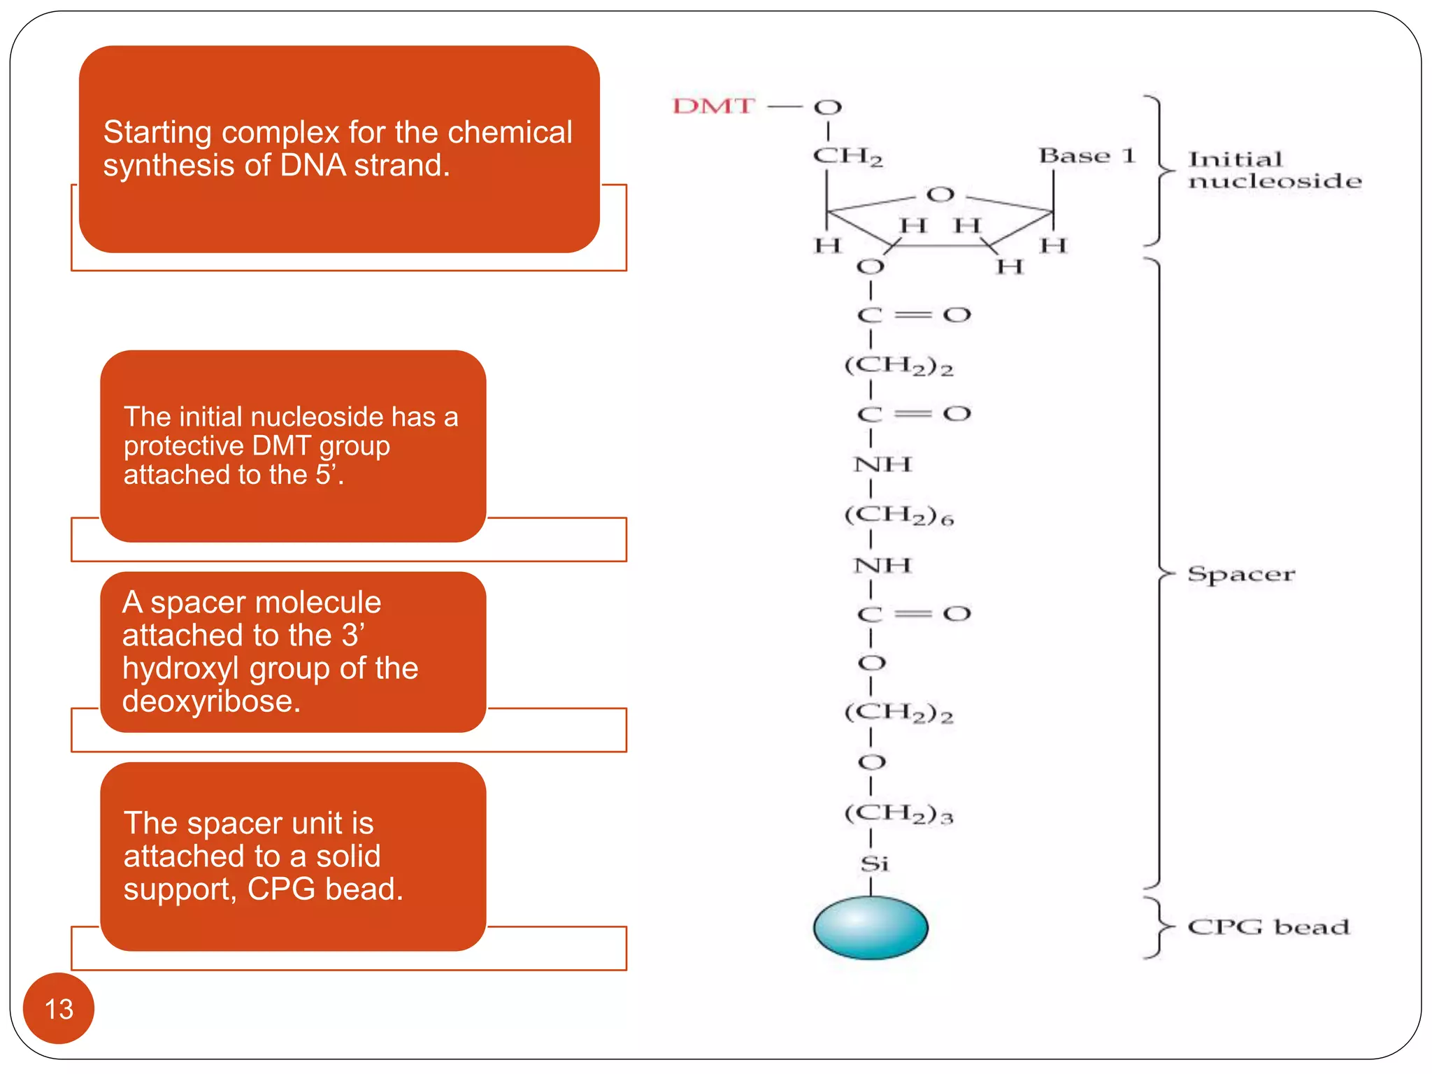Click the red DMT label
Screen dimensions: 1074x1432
[713, 106]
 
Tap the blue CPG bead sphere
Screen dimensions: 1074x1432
[871, 927]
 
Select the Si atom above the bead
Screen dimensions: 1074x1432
[874, 864]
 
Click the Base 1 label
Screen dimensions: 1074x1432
[1086, 155]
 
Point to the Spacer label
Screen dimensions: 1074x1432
[1241, 575]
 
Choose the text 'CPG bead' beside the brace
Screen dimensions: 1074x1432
[1268, 927]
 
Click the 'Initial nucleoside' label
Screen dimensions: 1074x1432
[1274, 170]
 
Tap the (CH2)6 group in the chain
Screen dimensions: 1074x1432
[898, 515]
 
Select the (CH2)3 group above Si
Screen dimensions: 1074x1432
[898, 813]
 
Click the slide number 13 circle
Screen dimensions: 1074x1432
[59, 1008]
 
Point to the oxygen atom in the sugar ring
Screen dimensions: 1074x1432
[940, 194]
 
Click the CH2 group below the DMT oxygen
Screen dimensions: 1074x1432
[847, 156]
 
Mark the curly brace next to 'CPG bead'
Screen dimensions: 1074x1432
[1158, 927]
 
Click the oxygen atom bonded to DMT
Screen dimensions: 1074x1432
[828, 108]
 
